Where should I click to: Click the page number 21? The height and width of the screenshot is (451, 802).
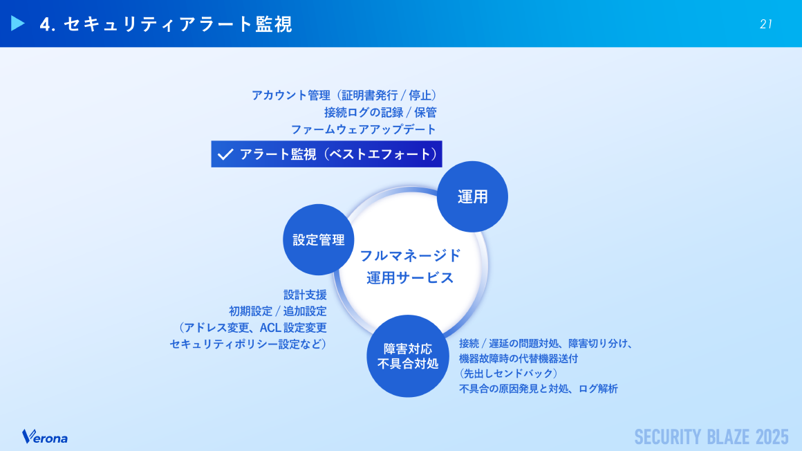pos(765,24)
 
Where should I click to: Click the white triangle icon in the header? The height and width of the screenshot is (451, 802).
pos(18,24)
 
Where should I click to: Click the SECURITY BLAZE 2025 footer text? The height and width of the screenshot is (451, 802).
pos(711,436)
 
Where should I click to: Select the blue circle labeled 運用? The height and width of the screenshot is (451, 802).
pos(473,196)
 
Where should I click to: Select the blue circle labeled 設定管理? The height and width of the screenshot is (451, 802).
pos(319,239)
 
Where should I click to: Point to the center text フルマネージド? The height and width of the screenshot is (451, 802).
pos(410,255)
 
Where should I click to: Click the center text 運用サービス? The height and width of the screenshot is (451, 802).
pos(410,278)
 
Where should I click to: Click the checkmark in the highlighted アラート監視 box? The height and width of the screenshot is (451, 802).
pos(225,154)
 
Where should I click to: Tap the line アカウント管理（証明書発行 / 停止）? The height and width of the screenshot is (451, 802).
pos(344,95)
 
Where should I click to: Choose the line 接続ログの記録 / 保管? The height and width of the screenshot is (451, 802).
pos(380,112)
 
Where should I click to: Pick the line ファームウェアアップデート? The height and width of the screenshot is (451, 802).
pos(364,129)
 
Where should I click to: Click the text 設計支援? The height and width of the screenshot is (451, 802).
pos(305,294)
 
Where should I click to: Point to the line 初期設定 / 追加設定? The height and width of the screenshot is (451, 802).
pos(277,311)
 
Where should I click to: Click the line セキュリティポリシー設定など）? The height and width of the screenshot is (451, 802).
pos(248,344)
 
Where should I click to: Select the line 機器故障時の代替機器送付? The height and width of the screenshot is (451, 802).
pos(518,358)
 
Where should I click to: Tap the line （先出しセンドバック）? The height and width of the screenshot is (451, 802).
pos(508,374)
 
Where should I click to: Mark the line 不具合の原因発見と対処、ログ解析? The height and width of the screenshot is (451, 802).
pos(538,389)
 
